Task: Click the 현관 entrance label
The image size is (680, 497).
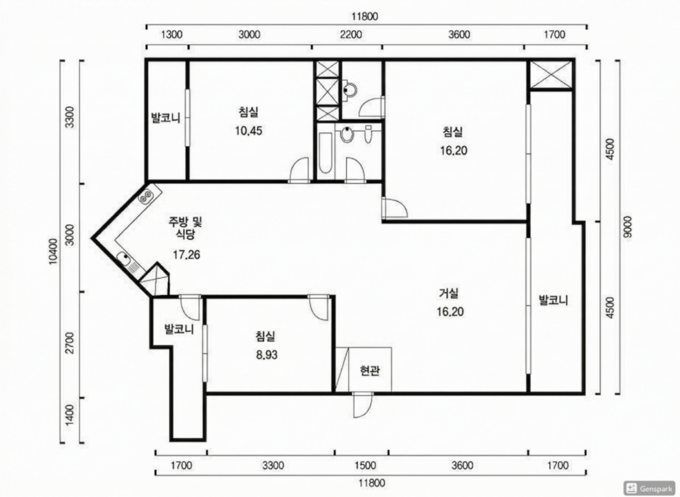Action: [x=370, y=371]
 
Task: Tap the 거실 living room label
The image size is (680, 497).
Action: [x=449, y=293]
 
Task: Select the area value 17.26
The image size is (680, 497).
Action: [x=186, y=255]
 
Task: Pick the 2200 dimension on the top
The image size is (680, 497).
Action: [x=351, y=35]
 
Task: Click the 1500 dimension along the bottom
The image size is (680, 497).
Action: [x=365, y=465]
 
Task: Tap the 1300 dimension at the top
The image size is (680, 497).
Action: [x=171, y=35]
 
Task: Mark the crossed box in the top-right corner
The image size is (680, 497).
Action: [x=551, y=74]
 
